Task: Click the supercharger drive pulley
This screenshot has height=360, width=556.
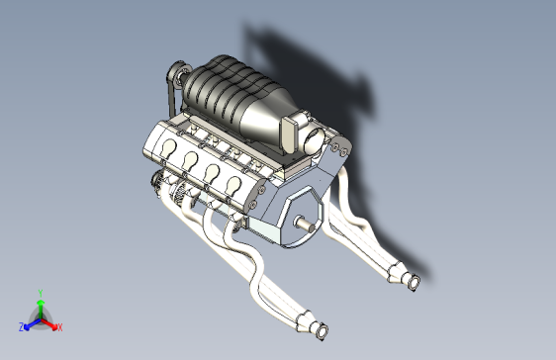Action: click(179, 73)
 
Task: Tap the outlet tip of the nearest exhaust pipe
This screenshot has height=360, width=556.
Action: click(318, 330)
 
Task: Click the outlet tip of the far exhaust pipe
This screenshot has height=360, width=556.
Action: click(414, 283)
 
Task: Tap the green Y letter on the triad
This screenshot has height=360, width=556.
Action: click(40, 293)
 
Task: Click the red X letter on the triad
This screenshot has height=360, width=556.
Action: click(59, 326)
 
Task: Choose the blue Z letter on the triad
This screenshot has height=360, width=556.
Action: click(21, 326)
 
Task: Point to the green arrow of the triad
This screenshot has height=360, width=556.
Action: click(40, 306)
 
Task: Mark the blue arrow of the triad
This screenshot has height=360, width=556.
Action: click(31, 322)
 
